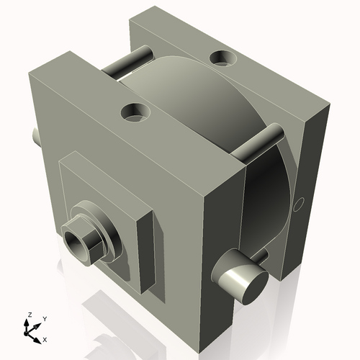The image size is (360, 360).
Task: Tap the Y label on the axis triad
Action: [x=44, y=318]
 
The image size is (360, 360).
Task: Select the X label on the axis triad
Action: [x=45, y=338]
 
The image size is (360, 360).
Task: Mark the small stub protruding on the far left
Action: [x=36, y=135]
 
